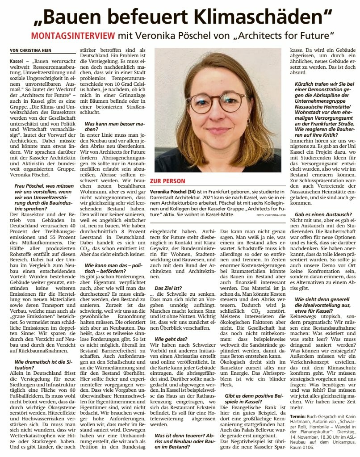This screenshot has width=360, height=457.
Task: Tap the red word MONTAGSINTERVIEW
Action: coord(73,35)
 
